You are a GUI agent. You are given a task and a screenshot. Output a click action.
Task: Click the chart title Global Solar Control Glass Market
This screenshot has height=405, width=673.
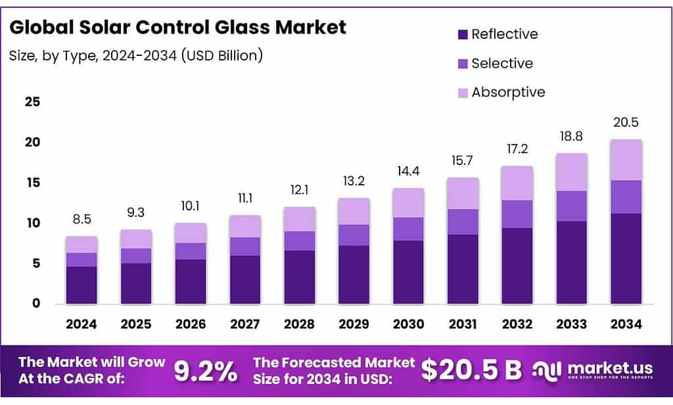(177, 28)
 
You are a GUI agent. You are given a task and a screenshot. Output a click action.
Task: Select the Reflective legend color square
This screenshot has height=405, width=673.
(463, 34)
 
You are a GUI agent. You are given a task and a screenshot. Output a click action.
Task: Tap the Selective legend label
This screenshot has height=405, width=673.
(502, 63)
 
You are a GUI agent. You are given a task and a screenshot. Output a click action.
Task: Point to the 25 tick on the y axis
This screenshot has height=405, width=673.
(32, 102)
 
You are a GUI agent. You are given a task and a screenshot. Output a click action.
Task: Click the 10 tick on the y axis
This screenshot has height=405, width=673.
(32, 223)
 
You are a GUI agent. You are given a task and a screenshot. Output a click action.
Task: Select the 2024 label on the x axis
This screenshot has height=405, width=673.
(81, 324)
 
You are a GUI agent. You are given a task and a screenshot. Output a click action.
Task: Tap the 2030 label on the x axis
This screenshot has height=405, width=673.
(409, 324)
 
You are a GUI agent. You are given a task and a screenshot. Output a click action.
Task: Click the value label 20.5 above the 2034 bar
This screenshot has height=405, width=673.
(626, 122)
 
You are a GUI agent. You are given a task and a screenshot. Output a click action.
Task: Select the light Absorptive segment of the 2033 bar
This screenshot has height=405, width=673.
(571, 172)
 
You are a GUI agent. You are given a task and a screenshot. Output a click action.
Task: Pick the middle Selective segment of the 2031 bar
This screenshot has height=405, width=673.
(463, 222)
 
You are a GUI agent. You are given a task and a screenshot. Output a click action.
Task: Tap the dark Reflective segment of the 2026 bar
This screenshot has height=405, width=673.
(191, 281)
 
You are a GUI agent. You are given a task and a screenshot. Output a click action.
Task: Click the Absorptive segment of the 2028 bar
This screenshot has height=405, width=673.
(300, 219)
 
